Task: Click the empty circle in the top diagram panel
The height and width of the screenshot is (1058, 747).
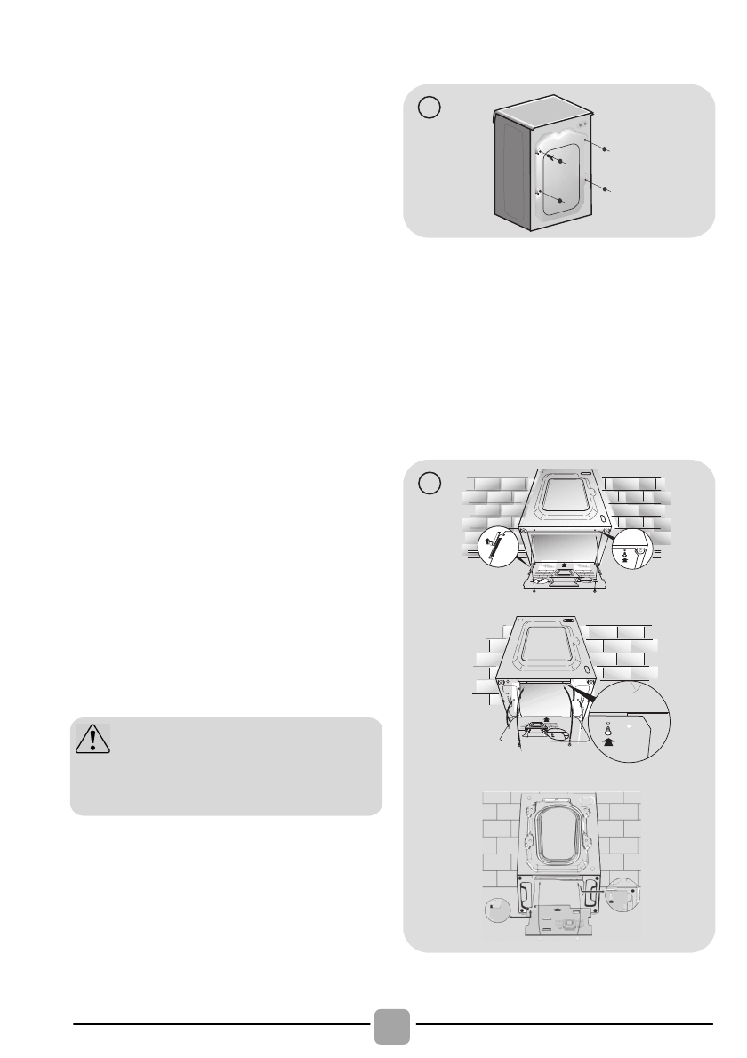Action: [x=430, y=107]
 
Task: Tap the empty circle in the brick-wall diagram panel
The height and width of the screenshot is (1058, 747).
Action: [x=430, y=483]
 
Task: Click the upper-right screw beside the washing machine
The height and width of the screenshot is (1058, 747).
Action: [x=605, y=150]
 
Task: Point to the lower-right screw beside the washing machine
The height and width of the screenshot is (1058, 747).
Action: [x=605, y=189]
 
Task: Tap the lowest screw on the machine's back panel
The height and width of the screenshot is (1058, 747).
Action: [x=560, y=202]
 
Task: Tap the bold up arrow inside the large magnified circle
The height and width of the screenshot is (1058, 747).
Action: [x=608, y=735]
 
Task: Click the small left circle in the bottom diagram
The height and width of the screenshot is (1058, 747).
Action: [x=497, y=909]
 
